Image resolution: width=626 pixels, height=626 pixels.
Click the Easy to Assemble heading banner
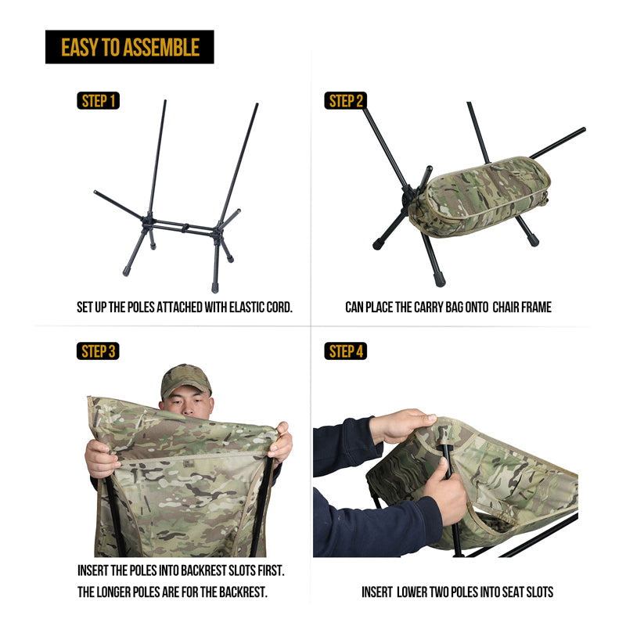pos(130,47)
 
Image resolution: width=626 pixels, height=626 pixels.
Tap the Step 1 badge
pos(99,101)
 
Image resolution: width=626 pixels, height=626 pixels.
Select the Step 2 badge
pos(345,101)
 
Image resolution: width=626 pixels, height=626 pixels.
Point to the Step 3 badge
pos(99,351)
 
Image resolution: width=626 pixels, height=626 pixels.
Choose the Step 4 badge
pos(345,351)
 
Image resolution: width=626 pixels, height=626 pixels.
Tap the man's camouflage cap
pos(185,380)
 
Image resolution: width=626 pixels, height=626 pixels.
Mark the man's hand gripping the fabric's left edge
pos(101,459)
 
